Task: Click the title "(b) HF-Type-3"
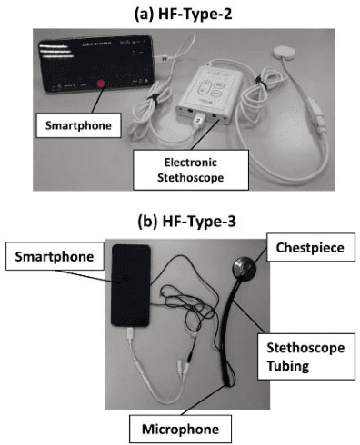point(180,219)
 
